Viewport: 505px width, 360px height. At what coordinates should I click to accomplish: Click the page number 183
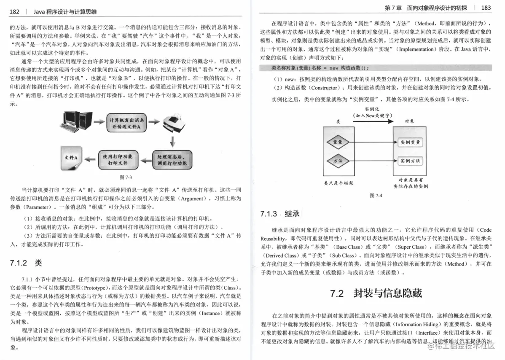[x=486, y=8]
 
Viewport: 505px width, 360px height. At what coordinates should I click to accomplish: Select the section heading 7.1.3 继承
[x=280, y=214]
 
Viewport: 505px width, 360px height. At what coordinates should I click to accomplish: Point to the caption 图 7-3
[x=126, y=177]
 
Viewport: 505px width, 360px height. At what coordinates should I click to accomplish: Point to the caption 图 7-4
[x=375, y=196]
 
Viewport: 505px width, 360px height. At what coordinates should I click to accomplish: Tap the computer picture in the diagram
[x=78, y=121]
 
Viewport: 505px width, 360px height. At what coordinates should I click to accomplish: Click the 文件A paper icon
[x=73, y=158]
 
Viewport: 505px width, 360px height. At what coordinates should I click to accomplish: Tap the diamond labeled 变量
[x=338, y=142]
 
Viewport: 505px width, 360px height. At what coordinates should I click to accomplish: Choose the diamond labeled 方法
[x=338, y=161]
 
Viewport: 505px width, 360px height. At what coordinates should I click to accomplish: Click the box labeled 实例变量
[x=410, y=142]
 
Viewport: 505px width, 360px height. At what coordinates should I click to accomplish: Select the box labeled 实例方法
[x=410, y=161]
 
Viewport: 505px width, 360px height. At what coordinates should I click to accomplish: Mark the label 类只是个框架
[x=338, y=183]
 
